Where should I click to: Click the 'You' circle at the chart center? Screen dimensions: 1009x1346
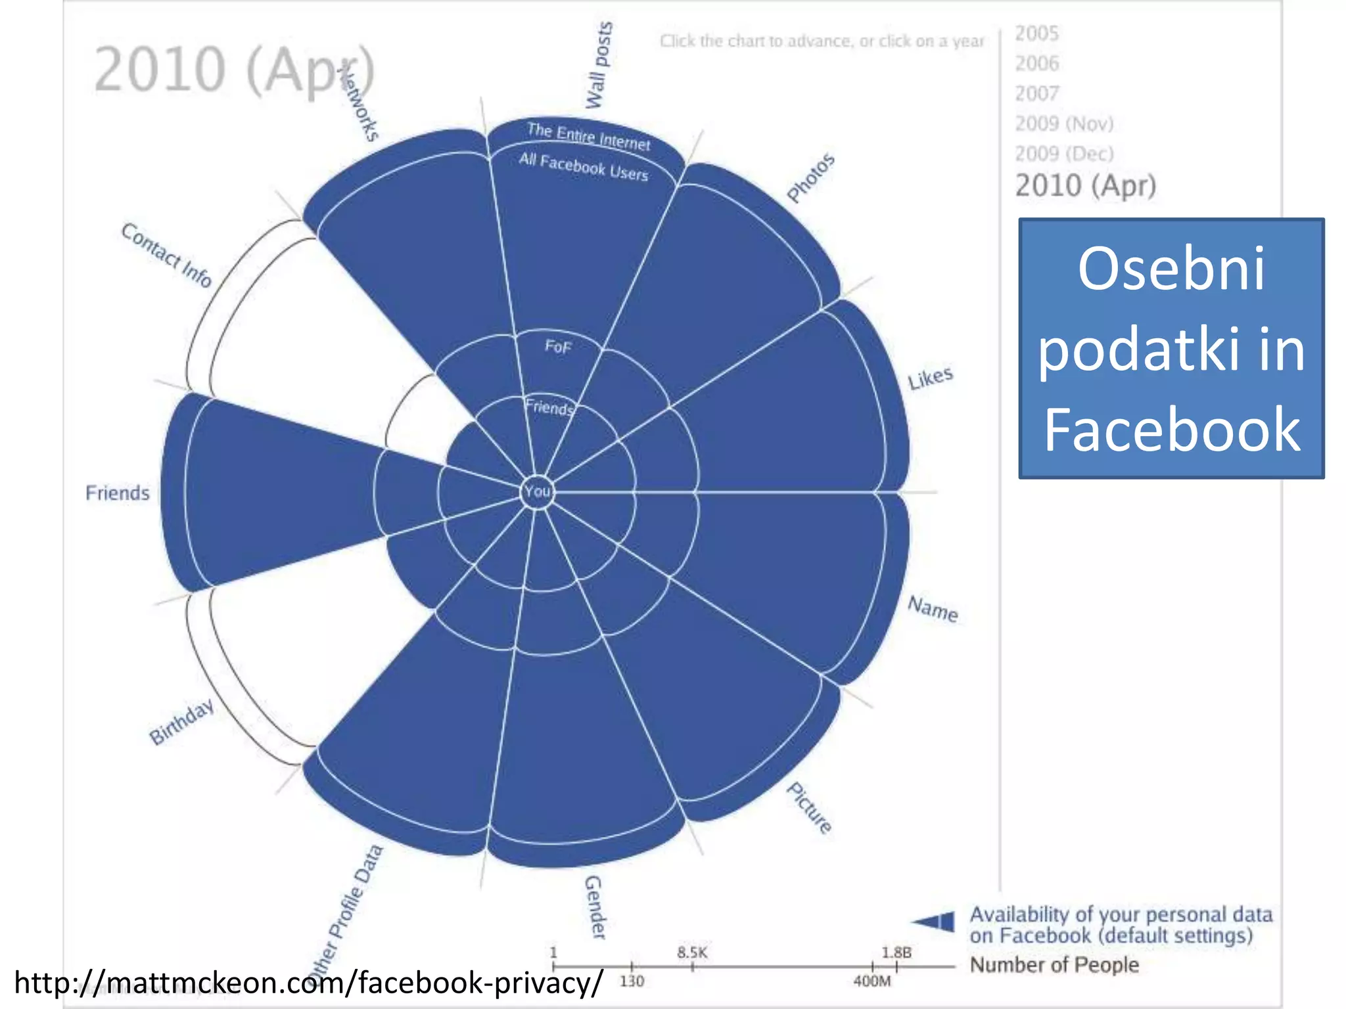coord(537,491)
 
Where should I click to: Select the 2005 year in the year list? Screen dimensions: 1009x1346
coord(1036,34)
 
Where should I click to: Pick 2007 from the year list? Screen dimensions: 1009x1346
coord(1036,93)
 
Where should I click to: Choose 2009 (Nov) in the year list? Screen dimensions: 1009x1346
coord(1064,123)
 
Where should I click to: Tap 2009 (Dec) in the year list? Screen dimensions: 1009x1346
coord(1064,154)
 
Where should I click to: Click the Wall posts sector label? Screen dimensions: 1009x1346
coord(599,66)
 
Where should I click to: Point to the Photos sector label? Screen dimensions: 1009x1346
coord(811,178)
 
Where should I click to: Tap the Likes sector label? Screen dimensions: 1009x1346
coord(930,378)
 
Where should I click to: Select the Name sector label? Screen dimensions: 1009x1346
coord(933,608)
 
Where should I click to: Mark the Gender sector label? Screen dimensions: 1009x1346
coord(595,907)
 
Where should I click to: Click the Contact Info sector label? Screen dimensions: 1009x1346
coord(166,256)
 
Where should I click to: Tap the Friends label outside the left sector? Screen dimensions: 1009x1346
coord(118,493)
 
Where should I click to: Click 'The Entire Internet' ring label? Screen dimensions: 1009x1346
coord(588,137)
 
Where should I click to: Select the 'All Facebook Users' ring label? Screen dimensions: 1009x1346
coord(584,167)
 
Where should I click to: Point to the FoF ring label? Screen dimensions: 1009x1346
coord(558,346)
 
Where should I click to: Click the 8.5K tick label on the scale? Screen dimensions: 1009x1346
coord(692,953)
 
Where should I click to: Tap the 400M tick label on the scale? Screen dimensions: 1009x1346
coord(872,981)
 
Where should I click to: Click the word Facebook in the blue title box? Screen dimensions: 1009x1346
coord(1172,430)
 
